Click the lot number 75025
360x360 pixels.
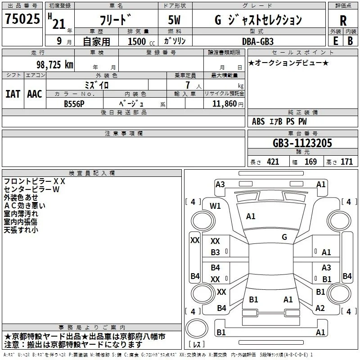pos(22,18)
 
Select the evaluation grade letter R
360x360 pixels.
pos(343,21)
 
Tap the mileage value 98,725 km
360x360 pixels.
pos(54,65)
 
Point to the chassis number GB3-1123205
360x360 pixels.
pos(302,143)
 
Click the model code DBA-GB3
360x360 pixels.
pos(258,41)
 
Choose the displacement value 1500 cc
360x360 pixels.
pos(141,41)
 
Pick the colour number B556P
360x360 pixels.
pos(74,104)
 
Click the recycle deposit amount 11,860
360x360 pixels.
pos(224,103)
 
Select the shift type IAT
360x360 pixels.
pos(13,94)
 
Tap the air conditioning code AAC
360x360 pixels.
pos(35,94)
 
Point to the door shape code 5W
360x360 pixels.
pos(174,20)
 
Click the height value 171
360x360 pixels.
pos(346,162)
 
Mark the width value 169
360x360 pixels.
pos(310,162)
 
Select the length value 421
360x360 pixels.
pos(273,162)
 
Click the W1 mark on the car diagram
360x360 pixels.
pos(215,206)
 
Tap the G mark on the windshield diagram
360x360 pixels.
pos(284,237)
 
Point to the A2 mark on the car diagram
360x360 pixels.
pos(320,308)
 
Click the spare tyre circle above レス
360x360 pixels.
pos(197,328)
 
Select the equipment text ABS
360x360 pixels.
pos(258,121)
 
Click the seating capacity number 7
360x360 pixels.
pos(188,85)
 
